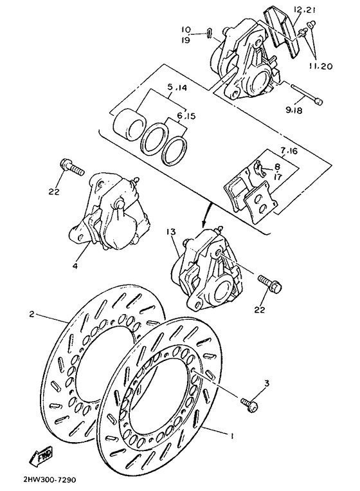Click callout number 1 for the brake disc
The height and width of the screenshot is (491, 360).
coord(233,436)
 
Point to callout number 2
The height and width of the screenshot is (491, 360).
coord(31,315)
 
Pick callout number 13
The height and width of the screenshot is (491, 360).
coord(170,231)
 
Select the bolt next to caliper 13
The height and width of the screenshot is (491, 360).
coord(269,284)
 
